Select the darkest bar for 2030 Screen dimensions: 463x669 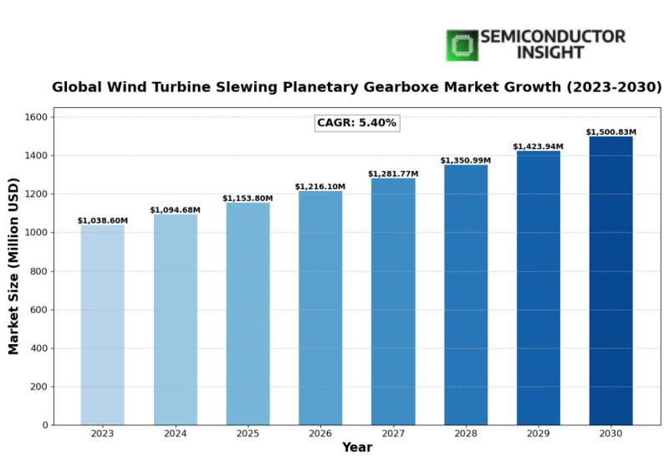[x=610, y=280]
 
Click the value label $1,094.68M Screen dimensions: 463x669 [x=175, y=210]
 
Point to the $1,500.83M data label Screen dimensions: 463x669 [x=610, y=132]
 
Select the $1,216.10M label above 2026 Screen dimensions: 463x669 [x=320, y=187]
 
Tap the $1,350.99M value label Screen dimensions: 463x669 [x=466, y=161]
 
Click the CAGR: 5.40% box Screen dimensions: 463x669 [x=356, y=123]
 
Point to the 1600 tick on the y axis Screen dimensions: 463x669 [x=37, y=117]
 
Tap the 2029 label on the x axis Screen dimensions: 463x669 [x=539, y=434]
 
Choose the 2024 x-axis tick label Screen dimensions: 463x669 [x=176, y=434]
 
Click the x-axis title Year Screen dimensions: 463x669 [x=357, y=448]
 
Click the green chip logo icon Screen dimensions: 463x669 [x=461, y=45]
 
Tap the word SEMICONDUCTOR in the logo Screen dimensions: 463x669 [x=553, y=37]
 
